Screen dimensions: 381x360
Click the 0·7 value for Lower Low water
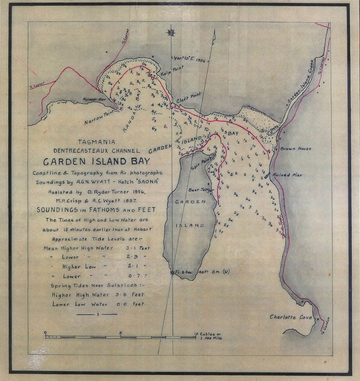click(130, 275)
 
